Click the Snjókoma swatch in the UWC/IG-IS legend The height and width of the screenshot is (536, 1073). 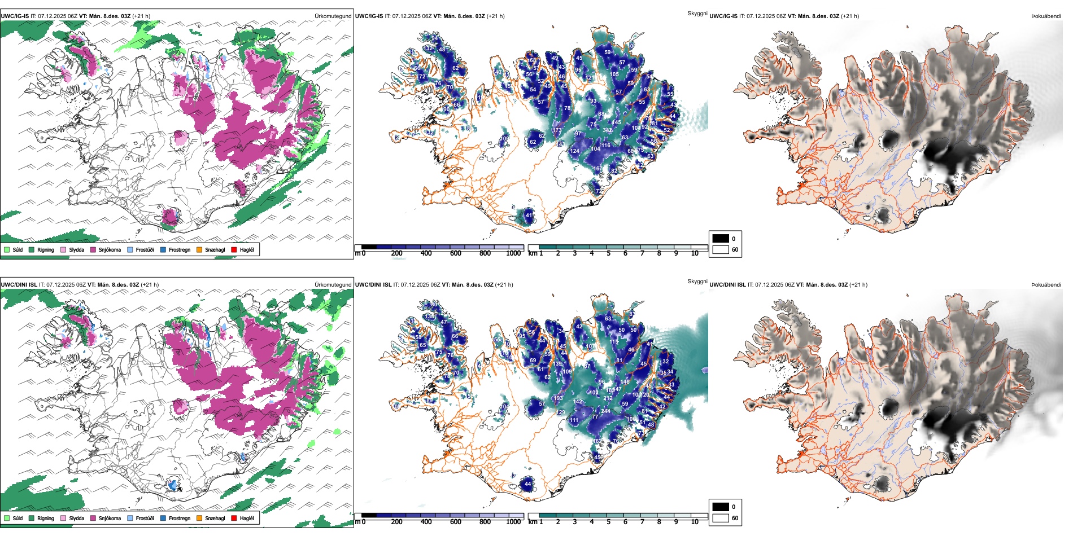[x=93, y=249]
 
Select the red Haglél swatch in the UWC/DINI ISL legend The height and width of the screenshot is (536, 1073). [x=234, y=518]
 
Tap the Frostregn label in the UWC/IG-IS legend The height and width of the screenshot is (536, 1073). [x=180, y=249]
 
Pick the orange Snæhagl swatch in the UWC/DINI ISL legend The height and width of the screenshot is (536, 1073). [x=199, y=518]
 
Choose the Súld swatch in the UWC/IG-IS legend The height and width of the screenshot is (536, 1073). [x=7, y=249]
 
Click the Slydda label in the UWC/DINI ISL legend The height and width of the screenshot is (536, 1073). [x=76, y=518]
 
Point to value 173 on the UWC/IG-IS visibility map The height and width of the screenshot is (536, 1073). [x=557, y=130]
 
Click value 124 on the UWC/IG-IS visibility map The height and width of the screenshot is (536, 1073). [x=574, y=151]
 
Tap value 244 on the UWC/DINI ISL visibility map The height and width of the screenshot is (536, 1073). [x=605, y=411]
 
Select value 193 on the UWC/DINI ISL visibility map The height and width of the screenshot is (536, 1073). [x=558, y=398]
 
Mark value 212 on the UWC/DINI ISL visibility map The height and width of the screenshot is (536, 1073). [x=608, y=398]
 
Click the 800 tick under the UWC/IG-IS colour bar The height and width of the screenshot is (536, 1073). [x=485, y=253]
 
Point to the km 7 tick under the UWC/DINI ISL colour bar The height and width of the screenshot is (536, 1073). [x=642, y=522]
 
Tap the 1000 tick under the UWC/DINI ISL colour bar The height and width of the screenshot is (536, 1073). [x=513, y=522]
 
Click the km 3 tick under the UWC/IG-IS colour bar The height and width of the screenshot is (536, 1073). [x=575, y=253]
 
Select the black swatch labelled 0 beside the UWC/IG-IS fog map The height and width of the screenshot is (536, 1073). [x=721, y=239]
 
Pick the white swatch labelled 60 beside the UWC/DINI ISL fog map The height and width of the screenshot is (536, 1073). [x=721, y=518]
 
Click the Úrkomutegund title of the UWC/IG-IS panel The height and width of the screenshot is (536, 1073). [x=333, y=16]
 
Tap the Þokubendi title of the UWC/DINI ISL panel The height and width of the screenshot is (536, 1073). [x=1046, y=285]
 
